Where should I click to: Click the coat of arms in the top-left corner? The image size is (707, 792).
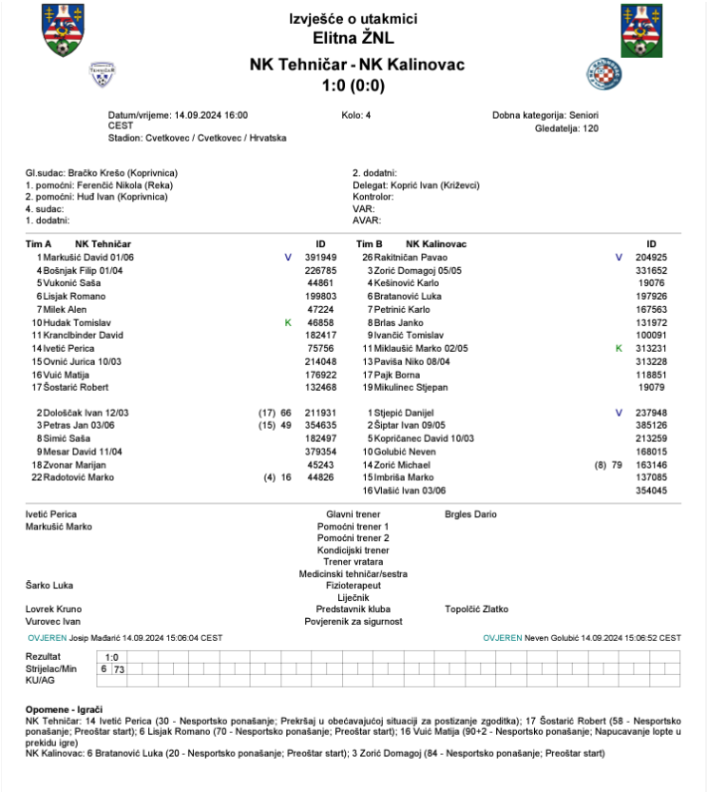pyautogui.click(x=63, y=29)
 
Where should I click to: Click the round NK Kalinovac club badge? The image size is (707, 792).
pyautogui.click(x=603, y=73)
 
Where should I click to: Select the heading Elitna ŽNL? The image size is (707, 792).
pyautogui.click(x=353, y=39)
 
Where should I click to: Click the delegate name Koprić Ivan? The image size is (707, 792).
pyautogui.click(x=411, y=185)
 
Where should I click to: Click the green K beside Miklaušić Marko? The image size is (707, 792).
pyautogui.click(x=619, y=349)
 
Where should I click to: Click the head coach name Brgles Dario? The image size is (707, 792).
pyautogui.click(x=470, y=514)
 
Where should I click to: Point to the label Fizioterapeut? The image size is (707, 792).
pyautogui.click(x=353, y=586)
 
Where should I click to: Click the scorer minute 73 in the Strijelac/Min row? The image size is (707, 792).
pyautogui.click(x=119, y=669)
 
